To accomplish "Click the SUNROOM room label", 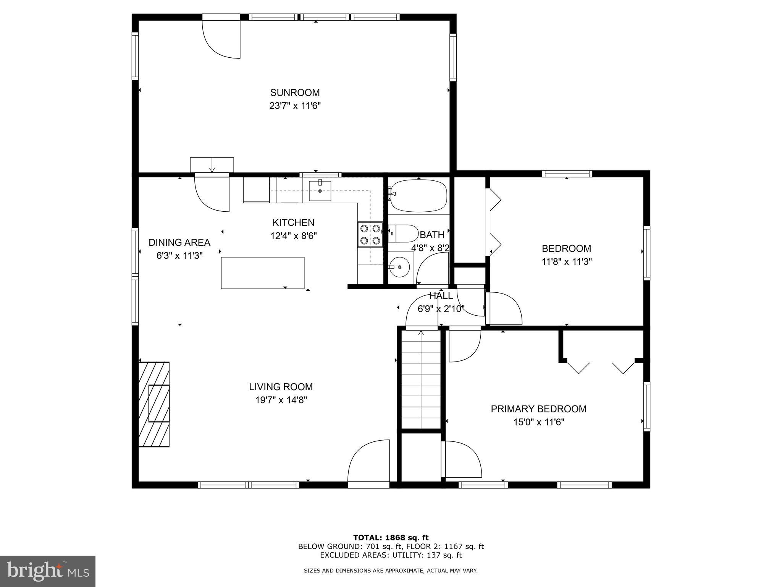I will click(295, 92).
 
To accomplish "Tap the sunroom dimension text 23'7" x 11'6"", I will click(295, 106).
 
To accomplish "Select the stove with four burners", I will click(370, 235).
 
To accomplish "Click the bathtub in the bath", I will click(418, 196).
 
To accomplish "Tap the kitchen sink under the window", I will click(320, 191).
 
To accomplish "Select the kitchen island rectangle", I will click(263, 273).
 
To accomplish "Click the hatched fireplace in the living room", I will click(154, 404).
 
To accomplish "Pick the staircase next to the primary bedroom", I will click(421, 379).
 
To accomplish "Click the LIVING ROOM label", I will click(281, 387).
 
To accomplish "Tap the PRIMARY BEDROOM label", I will click(538, 409).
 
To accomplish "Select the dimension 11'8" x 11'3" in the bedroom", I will click(567, 262).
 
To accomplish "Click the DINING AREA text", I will click(179, 242).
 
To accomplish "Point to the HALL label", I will click(441, 295).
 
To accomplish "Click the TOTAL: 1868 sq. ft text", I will click(391, 538).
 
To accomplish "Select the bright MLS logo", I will click(48, 571).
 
